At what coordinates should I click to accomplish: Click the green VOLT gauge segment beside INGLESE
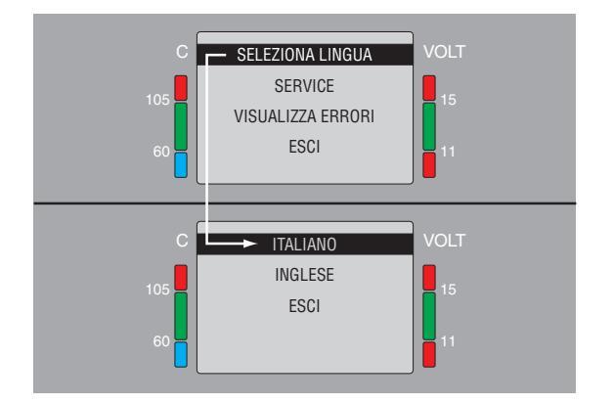428,314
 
